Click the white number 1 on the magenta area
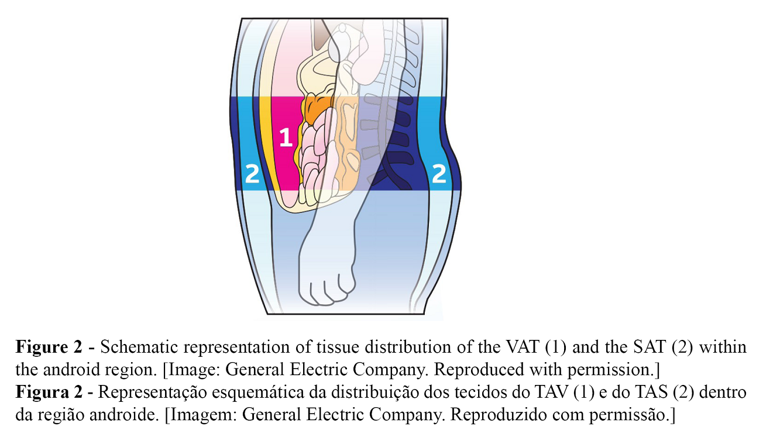tap(286, 137)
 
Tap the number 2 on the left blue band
tap(252, 174)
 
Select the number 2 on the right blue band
tap(439, 174)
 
